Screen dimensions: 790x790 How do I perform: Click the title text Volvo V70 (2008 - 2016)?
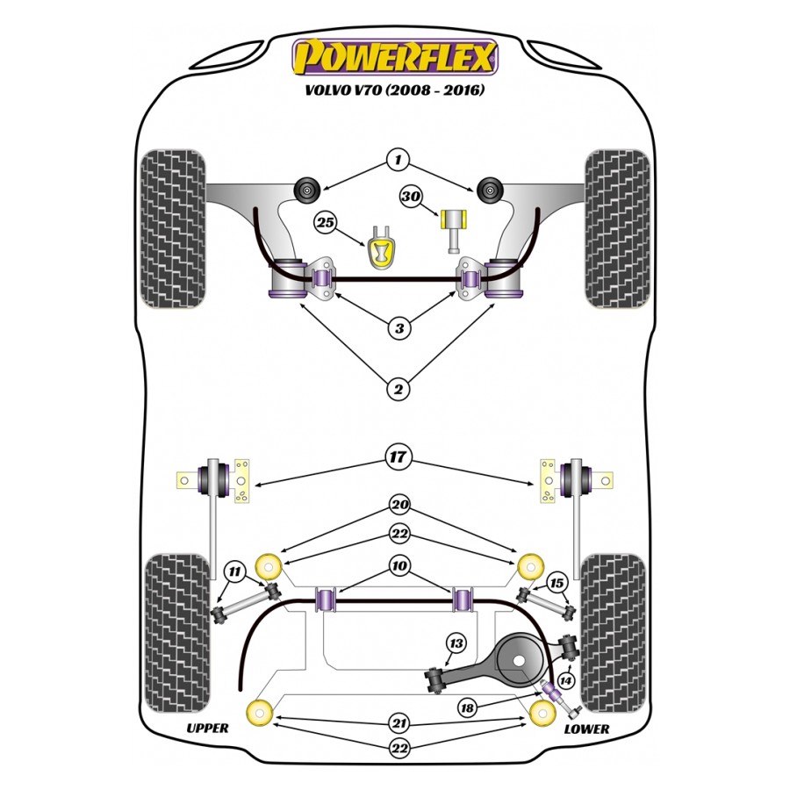(395, 90)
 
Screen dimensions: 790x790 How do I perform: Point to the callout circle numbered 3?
(399, 329)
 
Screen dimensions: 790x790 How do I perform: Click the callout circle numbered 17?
(398, 456)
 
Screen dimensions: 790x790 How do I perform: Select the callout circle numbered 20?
(399, 506)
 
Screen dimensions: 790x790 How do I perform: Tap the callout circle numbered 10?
(399, 566)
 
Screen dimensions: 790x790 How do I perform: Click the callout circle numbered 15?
(556, 582)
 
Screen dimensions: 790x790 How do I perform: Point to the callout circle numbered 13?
(456, 644)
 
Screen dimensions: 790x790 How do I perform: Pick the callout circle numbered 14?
(564, 679)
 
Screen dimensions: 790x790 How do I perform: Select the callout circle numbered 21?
(399, 723)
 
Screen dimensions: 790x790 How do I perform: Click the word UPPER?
(207, 729)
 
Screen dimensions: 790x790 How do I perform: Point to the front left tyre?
(173, 229)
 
